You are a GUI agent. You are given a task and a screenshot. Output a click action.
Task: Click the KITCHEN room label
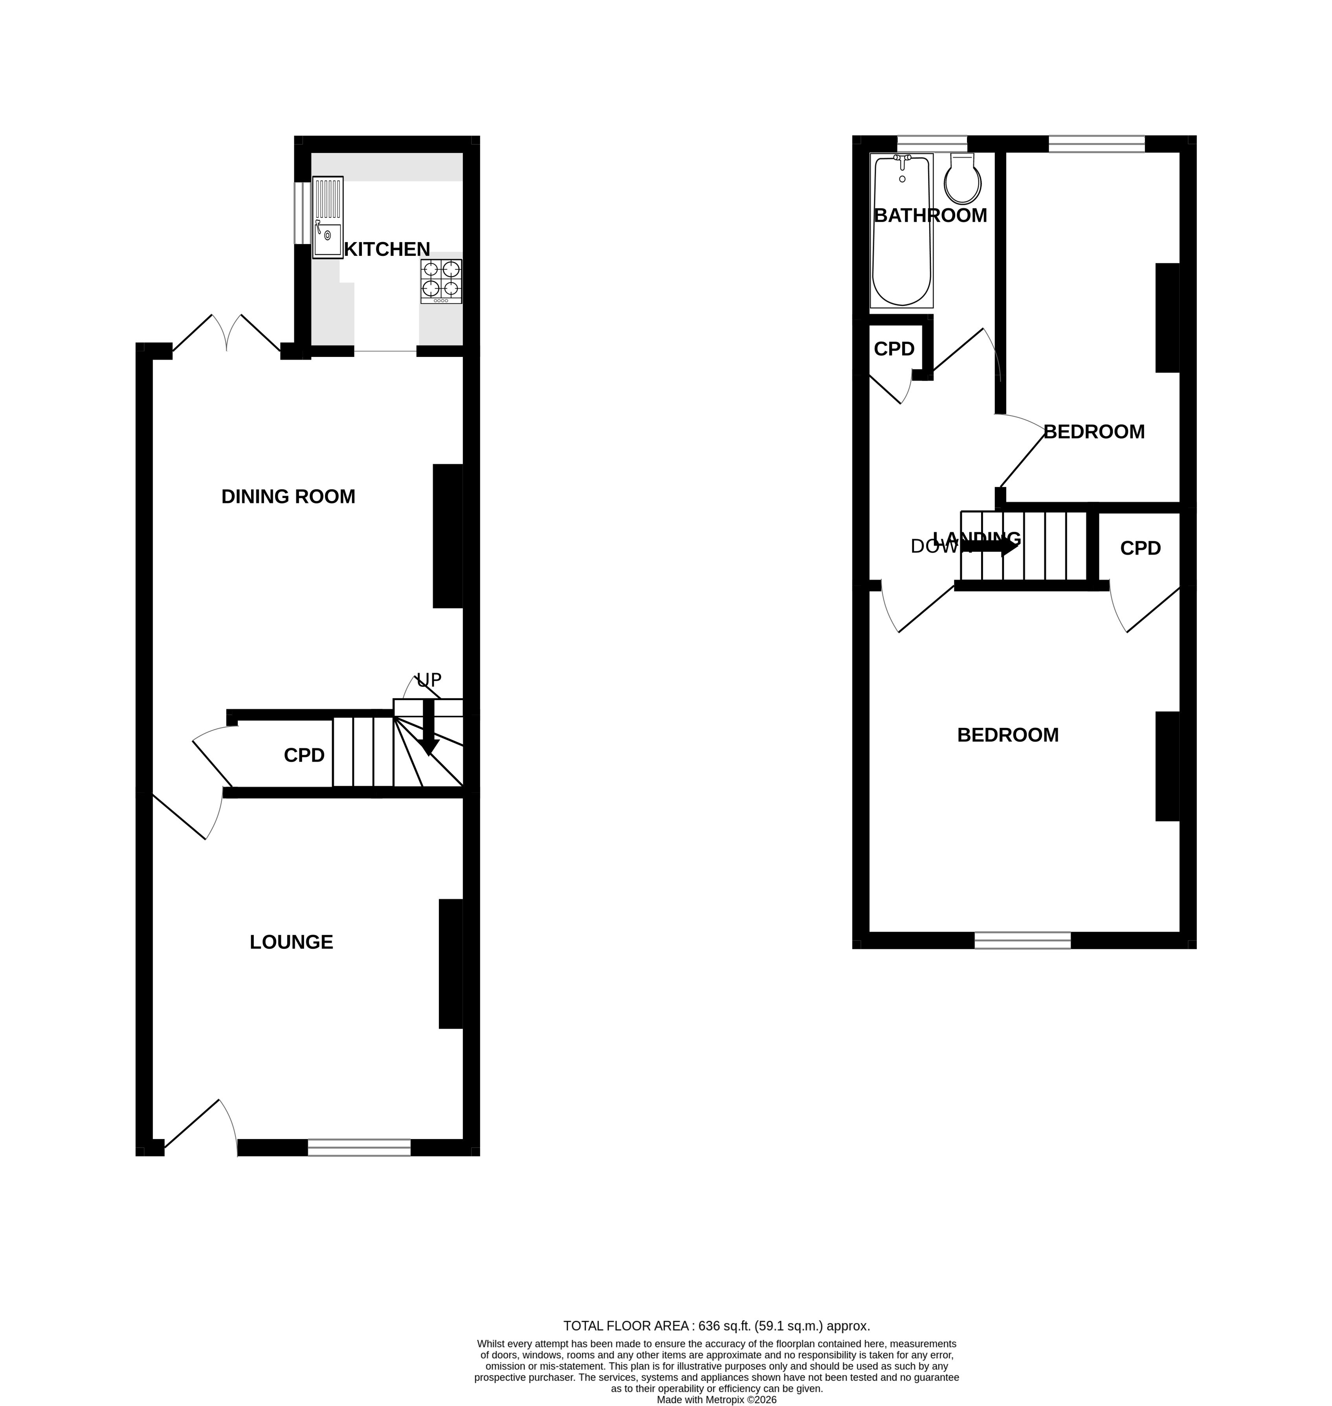coord(387,249)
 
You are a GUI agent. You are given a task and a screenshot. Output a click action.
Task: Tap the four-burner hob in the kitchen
coord(441,281)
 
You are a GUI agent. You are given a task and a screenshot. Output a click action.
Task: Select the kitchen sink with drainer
coord(327,217)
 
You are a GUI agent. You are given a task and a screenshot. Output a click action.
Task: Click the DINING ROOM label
coord(288,496)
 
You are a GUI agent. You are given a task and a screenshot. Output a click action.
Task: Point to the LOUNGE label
coord(291,942)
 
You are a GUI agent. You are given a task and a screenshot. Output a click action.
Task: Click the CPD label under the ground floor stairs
coord(304,755)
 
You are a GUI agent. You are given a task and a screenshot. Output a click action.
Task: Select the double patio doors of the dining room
coord(226,334)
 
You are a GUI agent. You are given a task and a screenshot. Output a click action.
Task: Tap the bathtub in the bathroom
coord(901,232)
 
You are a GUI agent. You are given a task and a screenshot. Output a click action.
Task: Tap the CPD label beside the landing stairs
coord(1140,548)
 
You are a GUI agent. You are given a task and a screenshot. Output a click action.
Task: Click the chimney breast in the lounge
coord(451,964)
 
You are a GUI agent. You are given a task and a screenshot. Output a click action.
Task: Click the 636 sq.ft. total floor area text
coord(716,1326)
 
